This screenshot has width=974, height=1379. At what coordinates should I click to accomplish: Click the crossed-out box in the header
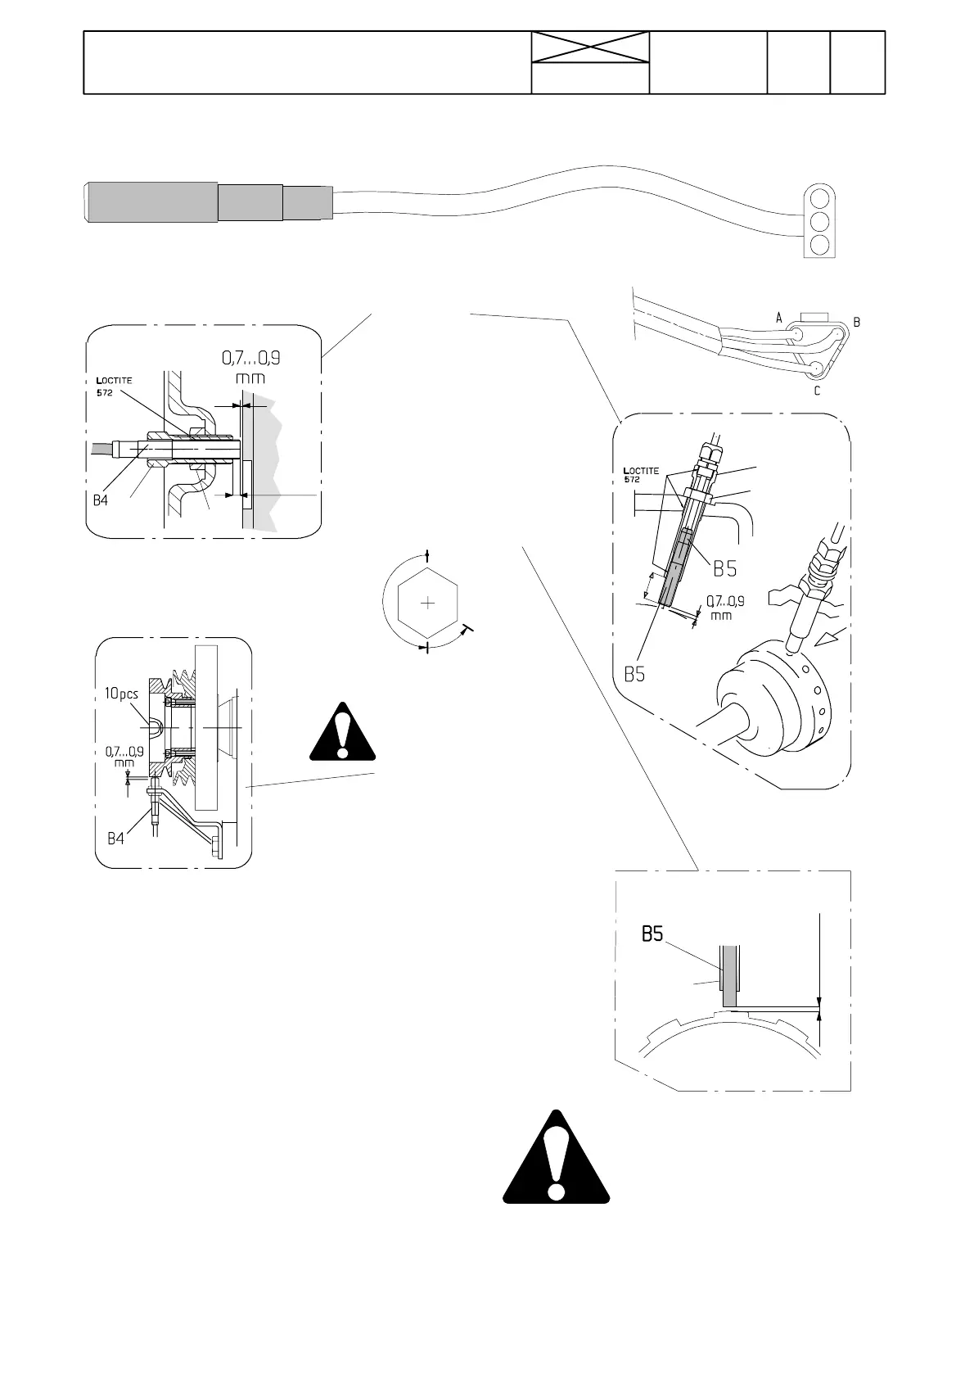tap(590, 47)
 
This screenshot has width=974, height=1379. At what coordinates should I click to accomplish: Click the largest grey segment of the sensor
tap(152, 201)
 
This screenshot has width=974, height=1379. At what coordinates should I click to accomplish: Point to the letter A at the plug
tap(779, 316)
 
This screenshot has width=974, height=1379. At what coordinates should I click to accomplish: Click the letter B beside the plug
tap(856, 323)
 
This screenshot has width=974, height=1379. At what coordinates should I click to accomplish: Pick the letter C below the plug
tap(817, 391)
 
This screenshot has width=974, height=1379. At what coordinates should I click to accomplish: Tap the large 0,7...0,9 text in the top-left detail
tap(255, 359)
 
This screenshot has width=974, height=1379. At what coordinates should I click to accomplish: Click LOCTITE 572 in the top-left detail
tap(114, 386)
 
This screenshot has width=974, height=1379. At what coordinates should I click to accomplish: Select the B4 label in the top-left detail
tap(100, 500)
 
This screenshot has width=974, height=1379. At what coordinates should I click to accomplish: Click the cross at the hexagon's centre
tap(426, 604)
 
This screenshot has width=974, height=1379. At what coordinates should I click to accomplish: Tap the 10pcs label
tap(120, 693)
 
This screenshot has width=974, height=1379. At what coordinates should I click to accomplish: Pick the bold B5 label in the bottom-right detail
tap(652, 934)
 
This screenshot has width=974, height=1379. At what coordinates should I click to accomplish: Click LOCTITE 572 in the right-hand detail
tap(641, 475)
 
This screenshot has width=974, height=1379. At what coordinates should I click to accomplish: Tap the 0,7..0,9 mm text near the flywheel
tap(724, 607)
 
